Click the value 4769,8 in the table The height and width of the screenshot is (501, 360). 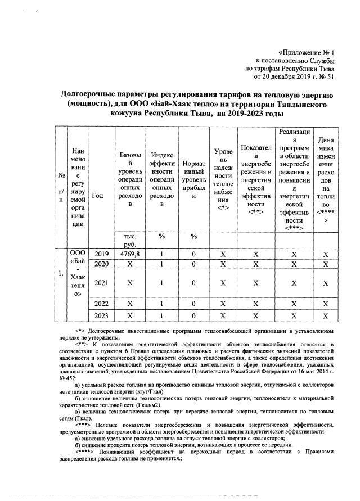129,254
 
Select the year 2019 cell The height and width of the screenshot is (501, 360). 101,254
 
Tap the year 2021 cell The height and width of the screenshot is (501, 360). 101,282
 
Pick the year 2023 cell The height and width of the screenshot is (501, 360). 101,315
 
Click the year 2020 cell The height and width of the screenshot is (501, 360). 101,264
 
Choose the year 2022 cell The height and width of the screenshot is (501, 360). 101,304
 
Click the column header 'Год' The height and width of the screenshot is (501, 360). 98,196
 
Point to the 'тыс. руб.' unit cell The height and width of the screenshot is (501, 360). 129,240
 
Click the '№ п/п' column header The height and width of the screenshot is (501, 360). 60,188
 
